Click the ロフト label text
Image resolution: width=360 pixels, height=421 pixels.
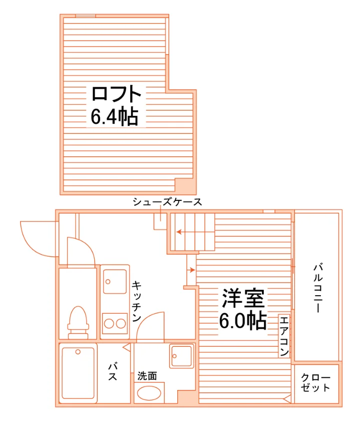(x=116, y=94)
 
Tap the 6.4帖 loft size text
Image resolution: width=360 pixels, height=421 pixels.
(x=115, y=116)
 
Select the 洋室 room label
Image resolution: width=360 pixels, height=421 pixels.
(x=243, y=298)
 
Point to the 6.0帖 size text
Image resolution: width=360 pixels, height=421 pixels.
(x=243, y=320)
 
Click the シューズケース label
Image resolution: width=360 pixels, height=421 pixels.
(x=167, y=202)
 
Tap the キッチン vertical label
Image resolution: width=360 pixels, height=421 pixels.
(x=137, y=301)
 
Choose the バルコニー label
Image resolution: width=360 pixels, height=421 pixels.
(x=318, y=288)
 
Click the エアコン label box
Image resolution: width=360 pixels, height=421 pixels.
(x=284, y=336)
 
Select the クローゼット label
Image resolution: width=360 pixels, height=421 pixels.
(x=315, y=382)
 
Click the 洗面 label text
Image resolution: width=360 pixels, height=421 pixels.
(x=147, y=376)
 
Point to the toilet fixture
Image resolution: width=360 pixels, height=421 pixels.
(x=78, y=322)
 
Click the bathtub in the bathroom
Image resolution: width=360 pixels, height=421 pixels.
(x=78, y=373)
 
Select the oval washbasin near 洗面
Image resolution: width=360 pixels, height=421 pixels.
(x=149, y=393)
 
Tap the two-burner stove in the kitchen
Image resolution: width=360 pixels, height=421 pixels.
(x=115, y=323)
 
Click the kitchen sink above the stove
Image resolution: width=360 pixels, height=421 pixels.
(x=115, y=281)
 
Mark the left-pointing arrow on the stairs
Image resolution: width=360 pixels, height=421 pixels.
(x=182, y=232)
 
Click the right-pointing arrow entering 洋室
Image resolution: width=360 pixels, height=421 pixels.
(x=191, y=270)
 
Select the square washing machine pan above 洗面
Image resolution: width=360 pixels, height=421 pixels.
(x=182, y=356)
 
